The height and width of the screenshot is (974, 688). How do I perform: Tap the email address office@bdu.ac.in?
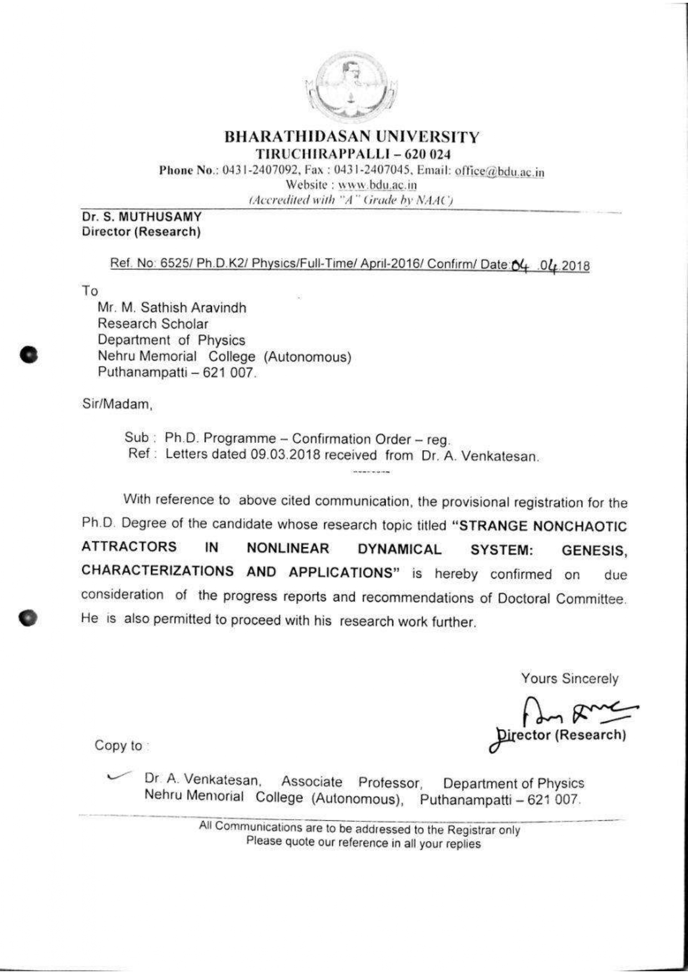click(x=499, y=171)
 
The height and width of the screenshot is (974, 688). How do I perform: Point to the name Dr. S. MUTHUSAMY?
click(x=141, y=217)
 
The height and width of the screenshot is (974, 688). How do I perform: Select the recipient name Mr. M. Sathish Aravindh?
click(x=171, y=307)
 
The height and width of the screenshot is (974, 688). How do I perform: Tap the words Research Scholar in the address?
click(x=153, y=324)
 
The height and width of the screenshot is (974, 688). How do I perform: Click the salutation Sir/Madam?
click(x=117, y=404)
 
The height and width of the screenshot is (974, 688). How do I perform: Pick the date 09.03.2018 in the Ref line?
click(x=285, y=455)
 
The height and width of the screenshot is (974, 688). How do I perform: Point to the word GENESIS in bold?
click(x=594, y=551)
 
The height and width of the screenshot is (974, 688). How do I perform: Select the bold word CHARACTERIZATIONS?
click(x=157, y=571)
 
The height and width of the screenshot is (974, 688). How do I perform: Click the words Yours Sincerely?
click(x=569, y=678)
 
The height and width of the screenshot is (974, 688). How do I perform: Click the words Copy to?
click(x=119, y=745)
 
